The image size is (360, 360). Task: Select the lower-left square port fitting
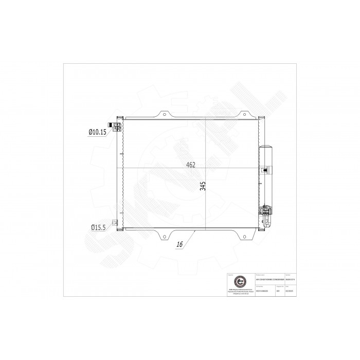tap(116, 223)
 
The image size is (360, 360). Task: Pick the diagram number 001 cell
tap(278, 291)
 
